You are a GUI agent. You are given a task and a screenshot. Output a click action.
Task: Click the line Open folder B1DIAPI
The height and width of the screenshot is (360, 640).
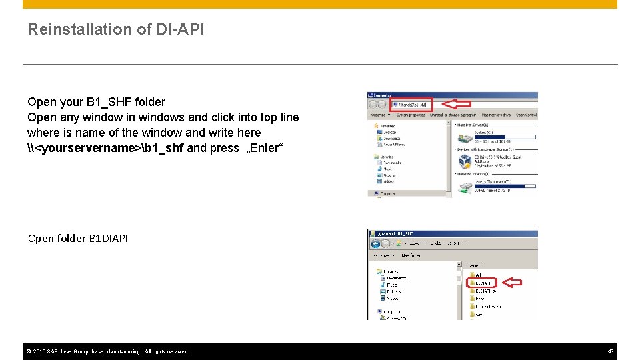tap(78, 238)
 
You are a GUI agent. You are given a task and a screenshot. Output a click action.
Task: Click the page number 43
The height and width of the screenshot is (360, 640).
tap(611, 351)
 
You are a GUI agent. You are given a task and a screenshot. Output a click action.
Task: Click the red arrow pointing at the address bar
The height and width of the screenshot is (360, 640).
tap(457, 104)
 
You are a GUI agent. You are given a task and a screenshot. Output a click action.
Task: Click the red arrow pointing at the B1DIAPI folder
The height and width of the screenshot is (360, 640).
tap(511, 283)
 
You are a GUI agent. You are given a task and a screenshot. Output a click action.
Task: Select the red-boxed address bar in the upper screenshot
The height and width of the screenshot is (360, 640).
tap(411, 104)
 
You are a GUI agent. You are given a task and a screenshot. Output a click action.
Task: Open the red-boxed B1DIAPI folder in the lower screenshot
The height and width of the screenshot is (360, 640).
tap(482, 283)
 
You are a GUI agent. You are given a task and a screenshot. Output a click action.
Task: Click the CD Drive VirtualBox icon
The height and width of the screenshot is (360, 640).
tap(464, 161)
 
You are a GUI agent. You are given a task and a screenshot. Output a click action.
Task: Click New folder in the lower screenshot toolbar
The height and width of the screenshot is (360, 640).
tap(411, 255)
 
